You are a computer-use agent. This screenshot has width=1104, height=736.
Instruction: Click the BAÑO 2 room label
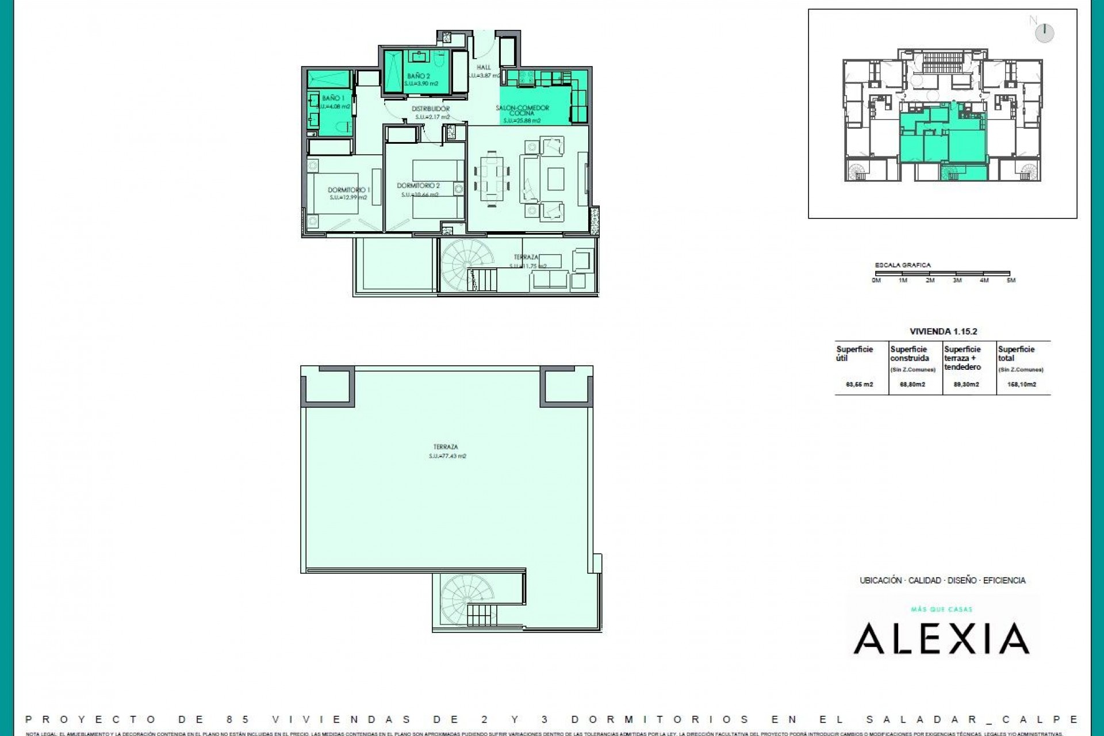coord(419,76)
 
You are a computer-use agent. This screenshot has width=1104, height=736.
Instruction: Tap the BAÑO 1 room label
coord(333,98)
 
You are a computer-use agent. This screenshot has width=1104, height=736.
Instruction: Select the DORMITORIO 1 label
coord(348,190)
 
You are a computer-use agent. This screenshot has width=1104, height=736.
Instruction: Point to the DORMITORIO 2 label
coord(418,186)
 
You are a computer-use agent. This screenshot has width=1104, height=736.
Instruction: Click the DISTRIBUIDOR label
coord(430,109)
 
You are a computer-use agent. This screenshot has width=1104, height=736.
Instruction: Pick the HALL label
coord(484,67)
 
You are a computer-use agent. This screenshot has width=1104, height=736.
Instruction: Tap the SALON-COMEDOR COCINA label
coord(522,110)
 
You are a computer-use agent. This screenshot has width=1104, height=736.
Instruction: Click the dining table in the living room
coord(492,178)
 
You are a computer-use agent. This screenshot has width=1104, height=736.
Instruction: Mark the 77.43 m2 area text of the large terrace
coord(447,456)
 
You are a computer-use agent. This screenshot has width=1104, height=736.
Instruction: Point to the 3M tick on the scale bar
coord(957,280)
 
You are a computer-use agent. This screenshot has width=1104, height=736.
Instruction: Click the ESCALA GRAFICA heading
coord(902,265)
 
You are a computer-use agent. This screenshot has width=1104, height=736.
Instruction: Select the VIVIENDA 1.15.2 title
coord(943,331)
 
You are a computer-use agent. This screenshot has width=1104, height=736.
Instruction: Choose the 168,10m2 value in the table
coord(1021,384)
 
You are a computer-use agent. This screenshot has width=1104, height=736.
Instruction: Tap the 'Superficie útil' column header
coord(854,353)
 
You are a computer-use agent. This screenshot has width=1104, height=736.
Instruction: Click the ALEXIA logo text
coord(941,639)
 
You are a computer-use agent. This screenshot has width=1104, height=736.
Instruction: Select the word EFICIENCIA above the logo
coord(1004,580)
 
